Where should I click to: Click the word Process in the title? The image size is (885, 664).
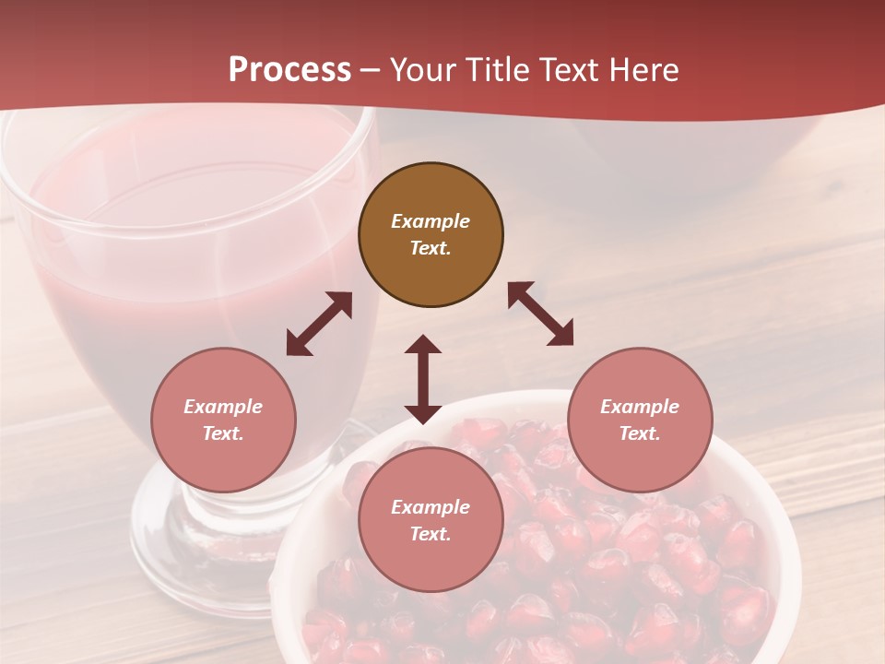[289, 70]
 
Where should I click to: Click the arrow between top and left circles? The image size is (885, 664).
[319, 324]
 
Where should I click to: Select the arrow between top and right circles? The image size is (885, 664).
[540, 314]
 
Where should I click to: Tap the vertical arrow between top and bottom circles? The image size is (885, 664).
[423, 379]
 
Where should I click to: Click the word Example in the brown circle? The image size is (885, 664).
[431, 221]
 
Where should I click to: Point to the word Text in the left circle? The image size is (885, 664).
[223, 433]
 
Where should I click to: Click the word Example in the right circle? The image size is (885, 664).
[640, 407]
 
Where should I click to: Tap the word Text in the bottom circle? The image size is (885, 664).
[431, 534]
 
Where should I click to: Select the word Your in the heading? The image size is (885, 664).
[420, 70]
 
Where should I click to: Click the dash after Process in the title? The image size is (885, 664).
[370, 71]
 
